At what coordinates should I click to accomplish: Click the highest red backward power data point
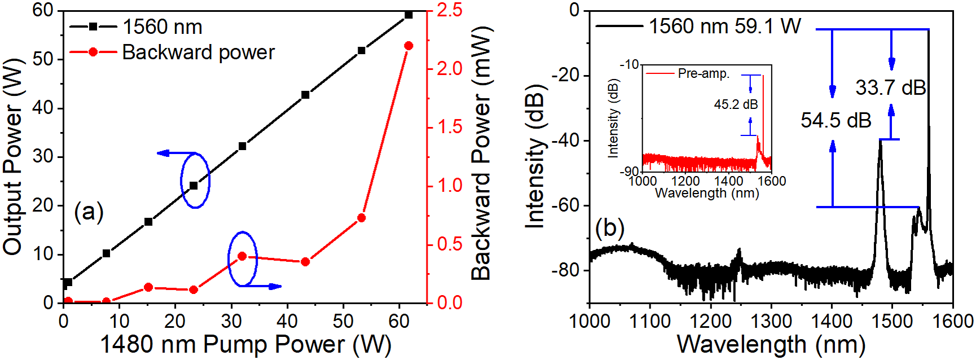[x=409, y=46]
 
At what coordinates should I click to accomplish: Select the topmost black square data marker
[x=409, y=15]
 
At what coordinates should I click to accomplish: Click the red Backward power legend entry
[x=198, y=52]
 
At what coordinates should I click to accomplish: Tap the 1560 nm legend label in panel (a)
[x=162, y=27]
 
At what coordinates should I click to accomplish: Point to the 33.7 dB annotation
[x=890, y=87]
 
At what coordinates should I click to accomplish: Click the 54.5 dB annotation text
[x=836, y=120]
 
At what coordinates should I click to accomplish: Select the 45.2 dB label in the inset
[x=736, y=104]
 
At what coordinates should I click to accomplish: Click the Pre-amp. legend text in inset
[x=704, y=73]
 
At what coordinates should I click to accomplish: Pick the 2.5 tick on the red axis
[x=449, y=10]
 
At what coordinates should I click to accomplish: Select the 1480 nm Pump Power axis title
[x=245, y=344]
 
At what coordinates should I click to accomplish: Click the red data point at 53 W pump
[x=362, y=218]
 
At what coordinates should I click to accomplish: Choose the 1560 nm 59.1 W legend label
[x=724, y=26]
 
